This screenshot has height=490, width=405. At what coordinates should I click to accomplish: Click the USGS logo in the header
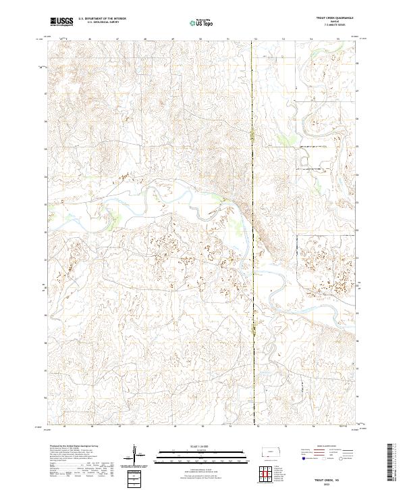pos(62,22)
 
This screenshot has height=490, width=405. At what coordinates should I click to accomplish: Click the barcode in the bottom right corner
pos(389,460)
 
